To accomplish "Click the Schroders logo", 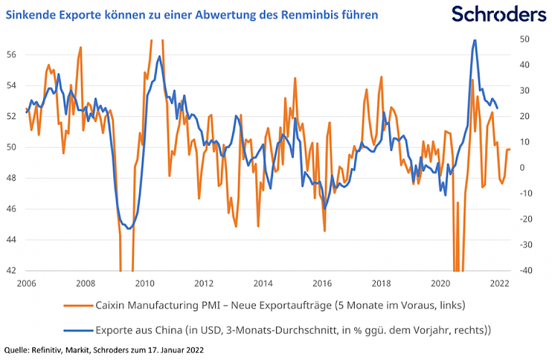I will (x=499, y=14).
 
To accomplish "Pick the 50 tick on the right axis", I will (x=525, y=39).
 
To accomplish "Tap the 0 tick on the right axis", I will (x=522, y=168).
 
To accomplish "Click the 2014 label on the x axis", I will (x=263, y=283).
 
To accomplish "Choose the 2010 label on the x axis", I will (x=144, y=283).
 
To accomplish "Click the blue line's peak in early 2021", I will (x=474, y=40).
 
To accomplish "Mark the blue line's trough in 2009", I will (x=129, y=228).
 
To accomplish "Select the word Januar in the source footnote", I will (x=167, y=349).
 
